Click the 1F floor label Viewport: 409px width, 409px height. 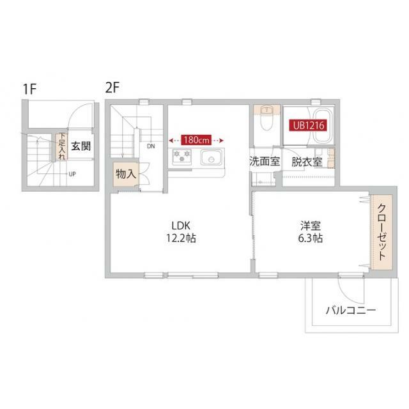29,89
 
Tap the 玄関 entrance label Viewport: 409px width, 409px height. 81,146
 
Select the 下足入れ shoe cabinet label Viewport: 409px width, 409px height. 61,146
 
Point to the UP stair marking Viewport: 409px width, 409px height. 72,173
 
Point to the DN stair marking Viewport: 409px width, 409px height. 151,146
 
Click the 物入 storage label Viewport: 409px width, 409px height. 125,173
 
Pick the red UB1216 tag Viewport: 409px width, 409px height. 309,125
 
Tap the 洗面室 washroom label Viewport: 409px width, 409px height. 264,161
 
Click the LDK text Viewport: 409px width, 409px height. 181,225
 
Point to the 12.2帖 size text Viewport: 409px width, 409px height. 181,238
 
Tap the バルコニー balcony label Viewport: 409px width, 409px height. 350,311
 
